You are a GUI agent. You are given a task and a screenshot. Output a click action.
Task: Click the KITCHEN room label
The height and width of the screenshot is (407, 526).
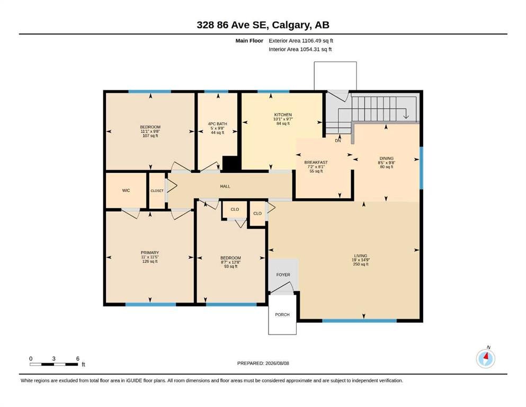283,115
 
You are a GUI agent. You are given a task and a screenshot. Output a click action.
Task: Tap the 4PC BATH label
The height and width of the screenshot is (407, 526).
217,124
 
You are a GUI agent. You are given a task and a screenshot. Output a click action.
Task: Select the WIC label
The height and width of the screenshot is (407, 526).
126,191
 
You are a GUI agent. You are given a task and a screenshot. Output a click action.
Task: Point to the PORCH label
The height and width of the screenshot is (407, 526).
282,315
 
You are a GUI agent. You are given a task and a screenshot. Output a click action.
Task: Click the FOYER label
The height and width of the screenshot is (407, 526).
283,275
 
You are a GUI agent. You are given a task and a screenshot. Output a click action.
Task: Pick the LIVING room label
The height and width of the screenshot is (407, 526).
361,255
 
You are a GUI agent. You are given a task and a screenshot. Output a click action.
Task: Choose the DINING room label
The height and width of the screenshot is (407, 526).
387,158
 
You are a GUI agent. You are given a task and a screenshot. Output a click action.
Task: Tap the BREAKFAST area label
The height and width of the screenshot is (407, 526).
316,162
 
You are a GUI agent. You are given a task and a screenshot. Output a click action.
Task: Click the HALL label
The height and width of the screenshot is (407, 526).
225,186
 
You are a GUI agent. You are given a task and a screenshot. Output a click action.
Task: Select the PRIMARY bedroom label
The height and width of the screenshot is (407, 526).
149,253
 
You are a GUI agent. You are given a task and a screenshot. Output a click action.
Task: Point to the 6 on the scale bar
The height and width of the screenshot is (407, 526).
78,359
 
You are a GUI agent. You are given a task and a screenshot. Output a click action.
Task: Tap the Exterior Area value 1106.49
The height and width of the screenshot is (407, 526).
311,41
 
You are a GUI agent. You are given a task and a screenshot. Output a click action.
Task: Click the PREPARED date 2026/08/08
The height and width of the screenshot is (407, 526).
277,364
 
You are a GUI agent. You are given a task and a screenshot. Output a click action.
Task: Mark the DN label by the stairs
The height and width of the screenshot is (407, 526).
338,141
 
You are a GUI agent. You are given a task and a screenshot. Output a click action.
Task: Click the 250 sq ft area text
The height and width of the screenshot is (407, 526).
361,264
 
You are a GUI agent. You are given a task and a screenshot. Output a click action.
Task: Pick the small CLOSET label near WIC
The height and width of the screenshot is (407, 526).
157,191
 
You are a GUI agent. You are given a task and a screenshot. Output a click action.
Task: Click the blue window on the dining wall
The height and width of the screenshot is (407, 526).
421,168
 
